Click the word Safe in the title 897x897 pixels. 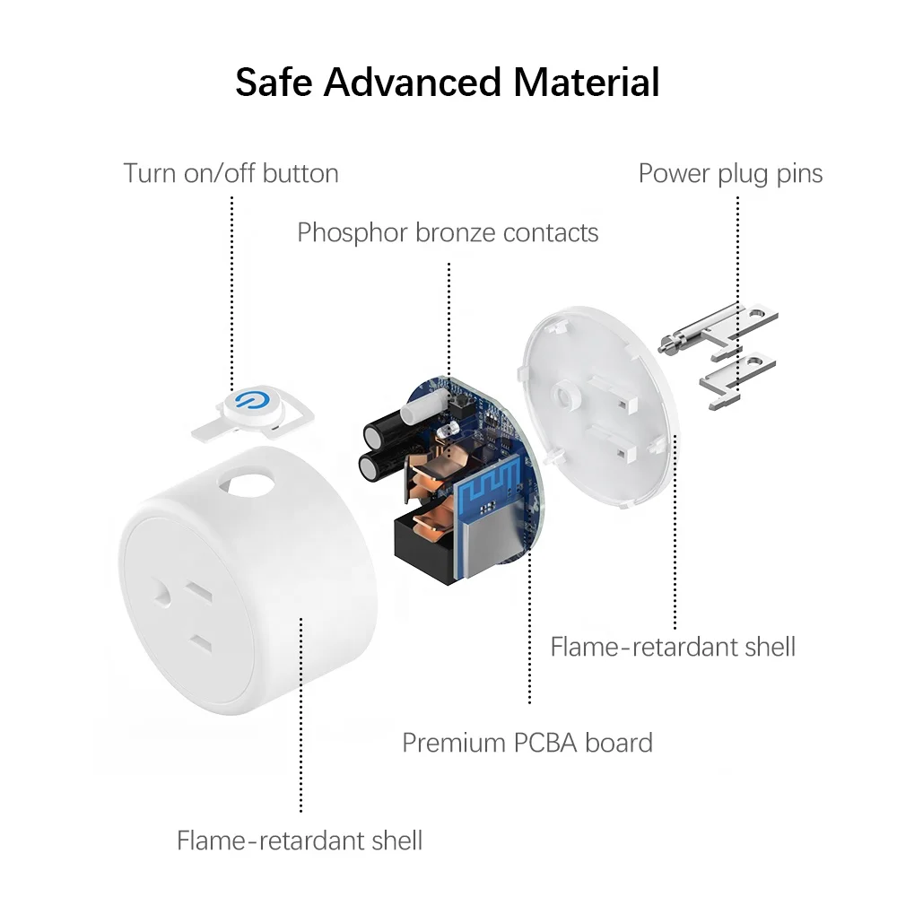point(274,82)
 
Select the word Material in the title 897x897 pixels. point(587,82)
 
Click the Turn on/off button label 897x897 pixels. point(231,172)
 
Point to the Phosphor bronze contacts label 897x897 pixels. point(448,232)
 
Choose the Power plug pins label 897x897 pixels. point(730,172)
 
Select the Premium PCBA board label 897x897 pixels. point(527,743)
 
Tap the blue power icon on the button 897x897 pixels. point(245,401)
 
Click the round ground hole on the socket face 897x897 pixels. point(161,593)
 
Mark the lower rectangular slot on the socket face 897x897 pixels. point(200,643)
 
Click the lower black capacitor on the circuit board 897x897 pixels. point(372,467)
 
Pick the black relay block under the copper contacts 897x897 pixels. point(426,548)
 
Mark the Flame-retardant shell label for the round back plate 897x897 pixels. point(673,646)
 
